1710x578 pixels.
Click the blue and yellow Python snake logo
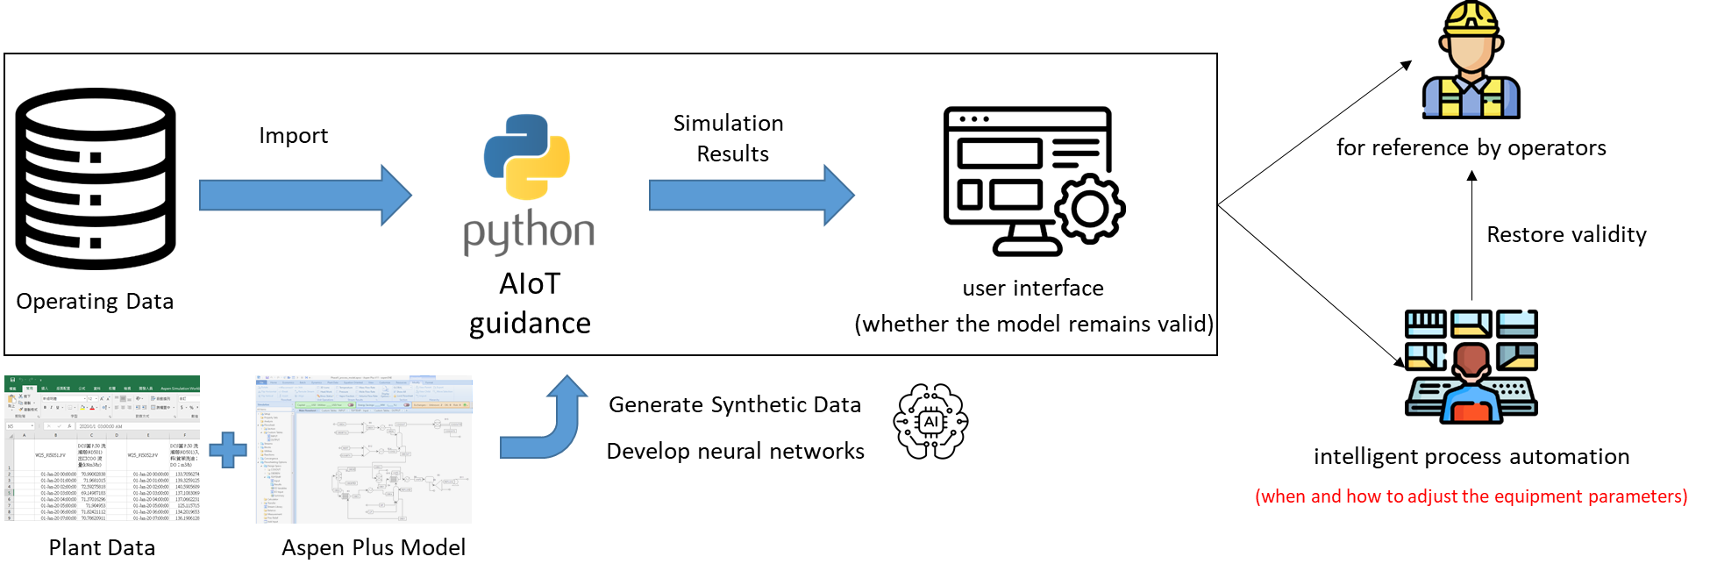(527, 156)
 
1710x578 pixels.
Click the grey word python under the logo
(529, 232)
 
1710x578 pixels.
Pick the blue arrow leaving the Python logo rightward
(751, 196)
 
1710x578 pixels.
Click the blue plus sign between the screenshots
(227, 450)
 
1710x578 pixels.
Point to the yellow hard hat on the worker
(1471, 18)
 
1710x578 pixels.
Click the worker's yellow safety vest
(1471, 98)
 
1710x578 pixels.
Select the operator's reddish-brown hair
(1471, 358)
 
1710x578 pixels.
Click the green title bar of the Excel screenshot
(102, 380)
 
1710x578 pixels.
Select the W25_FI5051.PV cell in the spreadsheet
(50, 455)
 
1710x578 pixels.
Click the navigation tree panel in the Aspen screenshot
(274, 465)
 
